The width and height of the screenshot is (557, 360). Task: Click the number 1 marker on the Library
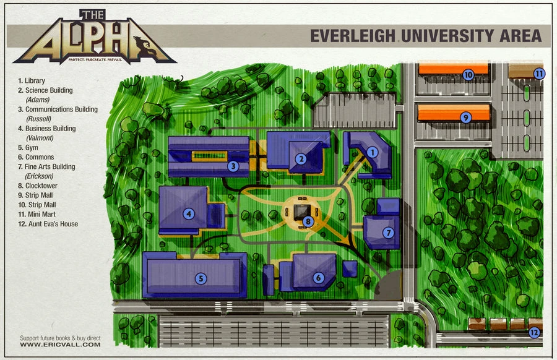pyautogui.click(x=372, y=151)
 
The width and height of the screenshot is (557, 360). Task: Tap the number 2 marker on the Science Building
pyautogui.click(x=301, y=158)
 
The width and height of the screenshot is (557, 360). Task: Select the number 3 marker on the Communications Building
pyautogui.click(x=233, y=165)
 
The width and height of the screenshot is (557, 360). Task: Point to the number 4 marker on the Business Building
pyautogui.click(x=188, y=214)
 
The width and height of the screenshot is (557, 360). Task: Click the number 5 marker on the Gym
pyautogui.click(x=200, y=279)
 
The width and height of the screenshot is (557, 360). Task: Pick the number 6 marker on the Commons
pyautogui.click(x=318, y=278)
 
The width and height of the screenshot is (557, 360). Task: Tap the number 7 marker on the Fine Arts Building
pyautogui.click(x=388, y=233)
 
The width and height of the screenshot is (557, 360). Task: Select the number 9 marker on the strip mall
pyautogui.click(x=466, y=116)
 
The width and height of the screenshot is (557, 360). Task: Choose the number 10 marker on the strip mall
pyautogui.click(x=468, y=75)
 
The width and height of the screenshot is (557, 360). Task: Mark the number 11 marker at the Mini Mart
pyautogui.click(x=540, y=74)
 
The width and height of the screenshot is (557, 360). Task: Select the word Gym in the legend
pyautogui.click(x=32, y=148)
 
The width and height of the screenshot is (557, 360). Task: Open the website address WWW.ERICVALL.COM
pyautogui.click(x=60, y=345)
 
